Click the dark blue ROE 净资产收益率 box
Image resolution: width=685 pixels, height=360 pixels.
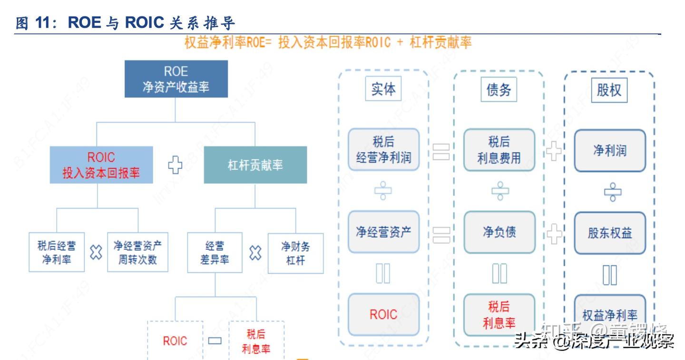click(x=176, y=79)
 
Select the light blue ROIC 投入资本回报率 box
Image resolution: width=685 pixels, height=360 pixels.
click(x=101, y=165)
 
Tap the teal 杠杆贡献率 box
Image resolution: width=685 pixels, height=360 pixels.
click(x=255, y=165)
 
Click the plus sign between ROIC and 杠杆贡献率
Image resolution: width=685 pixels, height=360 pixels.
click(x=175, y=165)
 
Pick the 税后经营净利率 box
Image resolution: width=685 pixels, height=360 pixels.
click(x=57, y=252)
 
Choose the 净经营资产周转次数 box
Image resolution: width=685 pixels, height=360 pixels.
click(x=137, y=252)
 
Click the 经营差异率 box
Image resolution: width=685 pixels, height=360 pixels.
click(x=215, y=252)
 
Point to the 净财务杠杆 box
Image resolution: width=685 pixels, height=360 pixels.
click(x=295, y=253)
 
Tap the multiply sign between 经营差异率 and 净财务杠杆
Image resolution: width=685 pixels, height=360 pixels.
click(x=255, y=253)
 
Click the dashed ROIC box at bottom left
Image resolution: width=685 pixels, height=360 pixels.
click(x=175, y=341)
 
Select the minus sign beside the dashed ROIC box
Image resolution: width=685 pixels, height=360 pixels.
click(x=215, y=341)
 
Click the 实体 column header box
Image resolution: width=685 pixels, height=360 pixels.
click(x=383, y=89)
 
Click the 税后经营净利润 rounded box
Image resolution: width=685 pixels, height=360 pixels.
click(x=383, y=149)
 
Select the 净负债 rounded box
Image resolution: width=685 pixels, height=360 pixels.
click(x=499, y=232)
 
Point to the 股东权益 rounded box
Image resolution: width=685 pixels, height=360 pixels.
click(x=610, y=233)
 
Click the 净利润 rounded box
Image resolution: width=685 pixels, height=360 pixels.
click(x=610, y=150)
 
